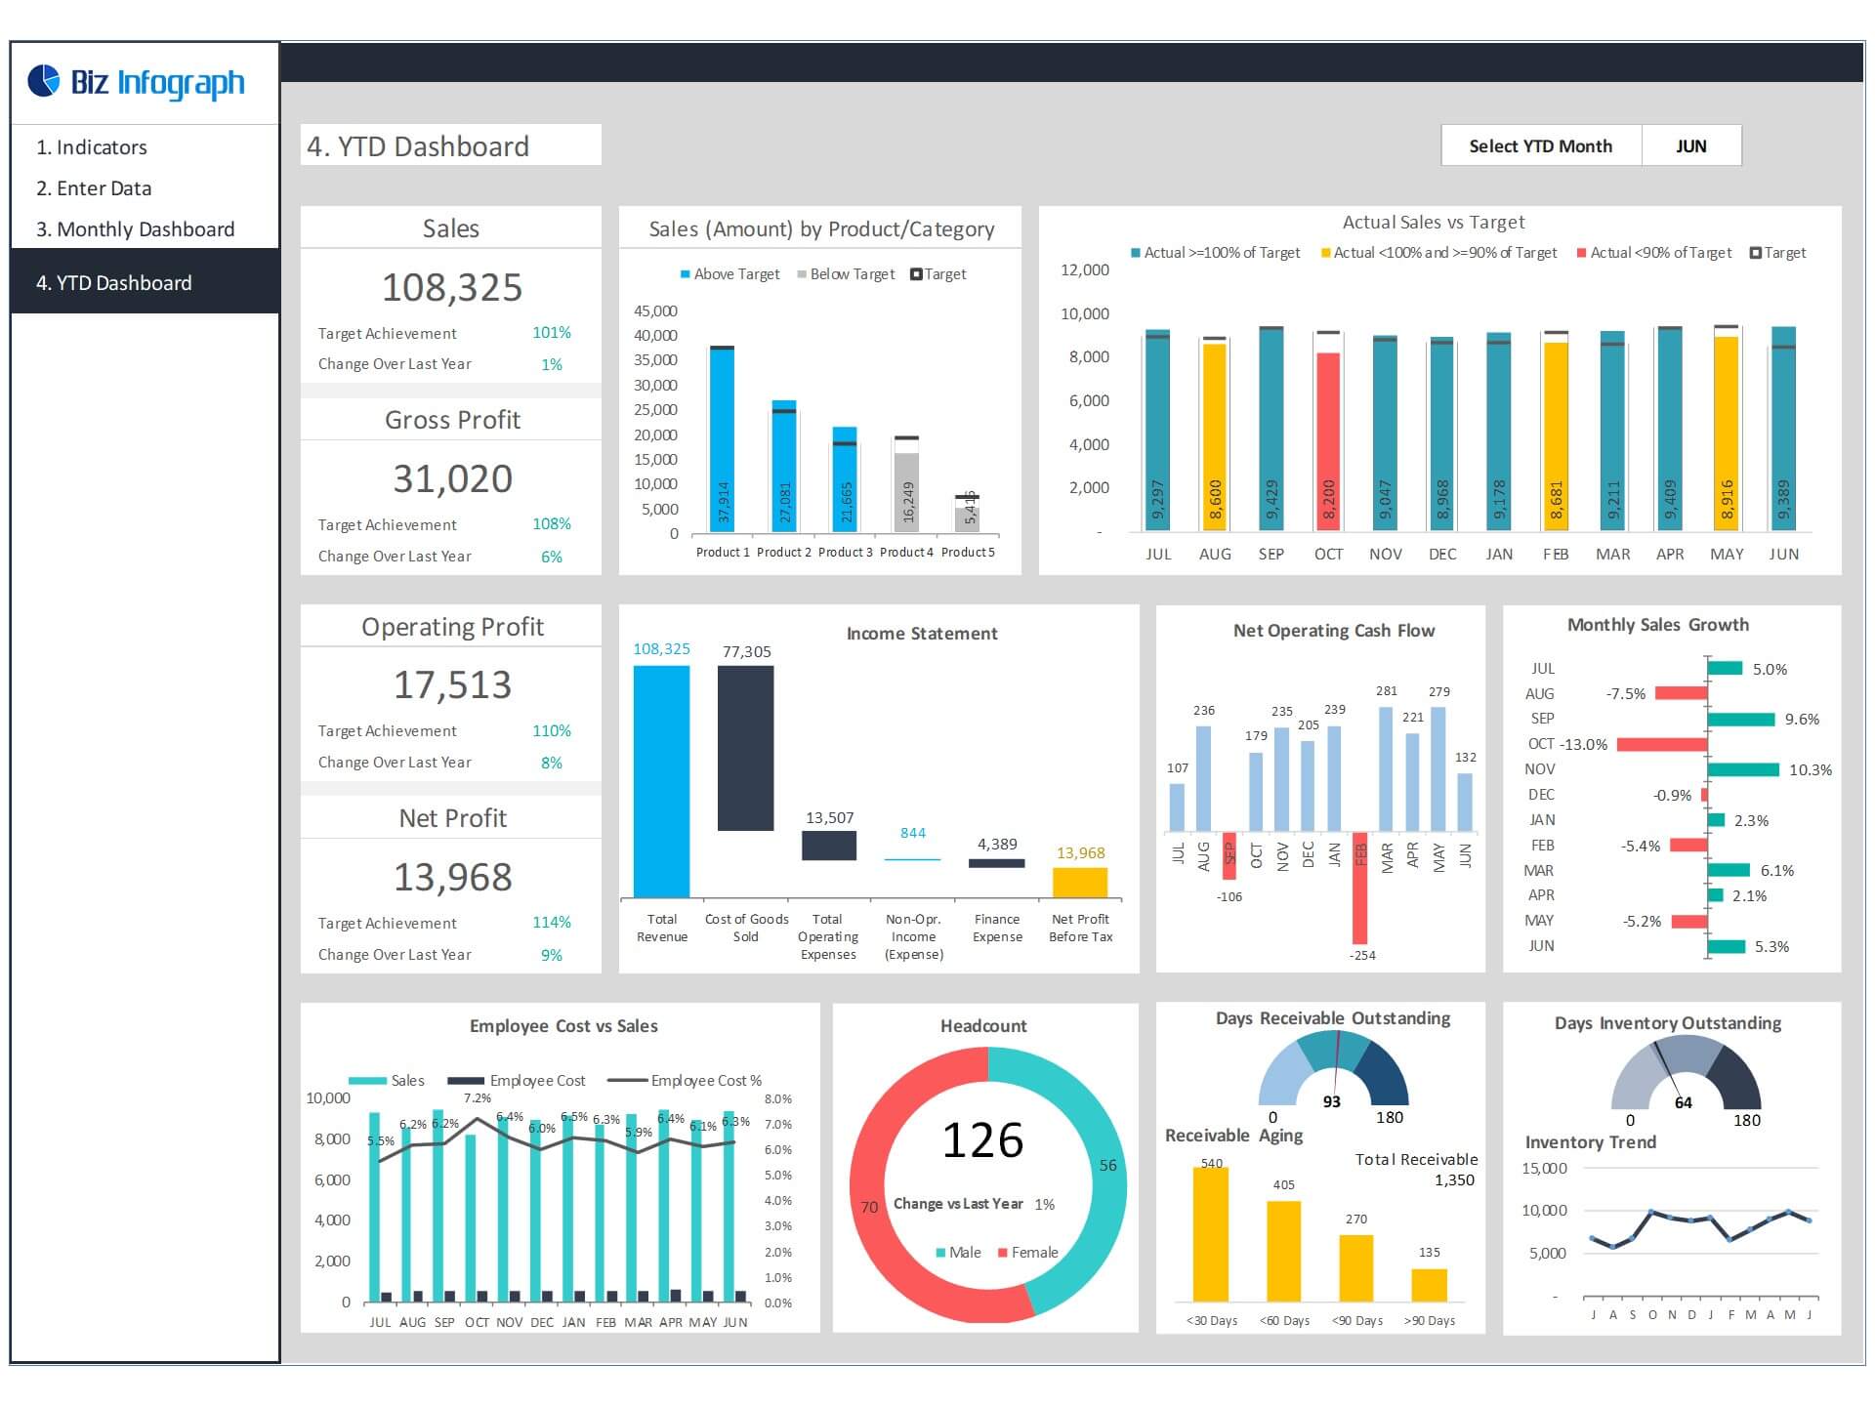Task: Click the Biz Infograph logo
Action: [x=137, y=83]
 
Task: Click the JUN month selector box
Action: [x=1690, y=145]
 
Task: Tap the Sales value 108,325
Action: [x=451, y=288]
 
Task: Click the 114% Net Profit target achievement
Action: [x=551, y=923]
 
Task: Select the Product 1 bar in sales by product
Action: [x=722, y=439]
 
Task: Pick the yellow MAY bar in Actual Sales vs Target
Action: [x=1726, y=434]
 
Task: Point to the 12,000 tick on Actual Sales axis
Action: [x=1085, y=270]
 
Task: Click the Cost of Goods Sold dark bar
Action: [x=745, y=748]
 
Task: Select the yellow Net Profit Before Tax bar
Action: [x=1079, y=883]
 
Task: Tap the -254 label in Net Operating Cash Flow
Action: [x=1362, y=955]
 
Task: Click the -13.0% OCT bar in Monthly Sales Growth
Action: [x=1661, y=744]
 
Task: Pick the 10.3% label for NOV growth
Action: [x=1810, y=769]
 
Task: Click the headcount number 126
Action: [x=982, y=1140]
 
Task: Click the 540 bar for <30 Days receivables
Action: [x=1211, y=1234]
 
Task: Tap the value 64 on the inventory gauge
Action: [x=1683, y=1102]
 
